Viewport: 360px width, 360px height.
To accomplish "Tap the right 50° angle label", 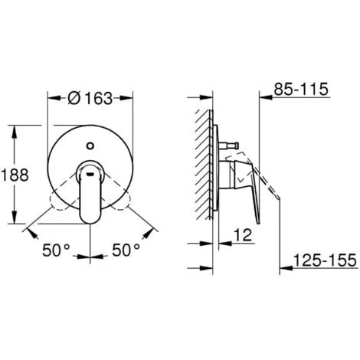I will [125, 249].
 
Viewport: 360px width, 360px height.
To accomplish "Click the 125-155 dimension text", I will [324, 260].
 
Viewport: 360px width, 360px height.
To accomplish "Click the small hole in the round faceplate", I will [92, 142].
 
